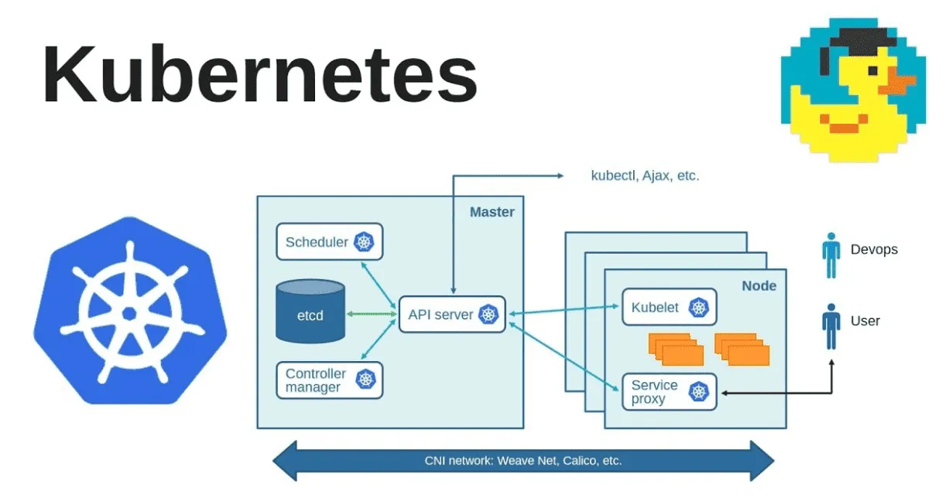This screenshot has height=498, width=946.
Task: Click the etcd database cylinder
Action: tap(310, 312)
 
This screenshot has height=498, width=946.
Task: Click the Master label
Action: tap(492, 212)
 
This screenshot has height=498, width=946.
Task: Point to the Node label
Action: tap(759, 286)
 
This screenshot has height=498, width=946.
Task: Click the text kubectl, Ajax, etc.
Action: tap(645, 176)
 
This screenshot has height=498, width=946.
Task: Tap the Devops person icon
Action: tap(831, 255)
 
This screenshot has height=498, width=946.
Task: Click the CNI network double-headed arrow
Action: tap(523, 461)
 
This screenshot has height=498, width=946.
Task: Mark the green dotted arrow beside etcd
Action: tap(371, 314)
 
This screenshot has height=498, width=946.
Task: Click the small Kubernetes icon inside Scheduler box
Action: tap(364, 242)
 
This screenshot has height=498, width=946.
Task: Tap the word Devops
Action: tap(874, 249)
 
